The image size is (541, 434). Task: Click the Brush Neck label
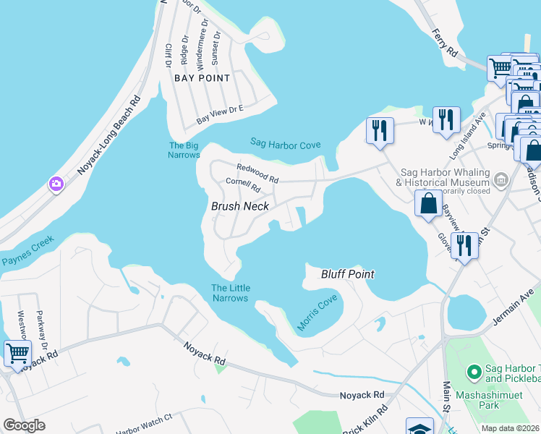(x=239, y=206)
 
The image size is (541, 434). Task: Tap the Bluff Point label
(x=348, y=274)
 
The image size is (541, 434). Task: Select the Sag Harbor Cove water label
(x=285, y=143)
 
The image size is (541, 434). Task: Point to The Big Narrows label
(x=184, y=150)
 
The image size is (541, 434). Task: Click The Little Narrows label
(x=229, y=293)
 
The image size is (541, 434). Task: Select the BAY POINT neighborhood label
(x=203, y=78)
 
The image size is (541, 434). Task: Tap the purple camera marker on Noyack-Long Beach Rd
(x=56, y=185)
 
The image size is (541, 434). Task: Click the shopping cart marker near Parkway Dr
(x=17, y=354)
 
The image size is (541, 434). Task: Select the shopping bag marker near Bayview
(x=428, y=203)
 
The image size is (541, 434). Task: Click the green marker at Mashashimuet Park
(x=474, y=373)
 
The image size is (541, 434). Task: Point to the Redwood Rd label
(x=257, y=173)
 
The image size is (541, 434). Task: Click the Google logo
(x=24, y=425)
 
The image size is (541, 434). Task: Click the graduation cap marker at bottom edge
(x=419, y=427)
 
